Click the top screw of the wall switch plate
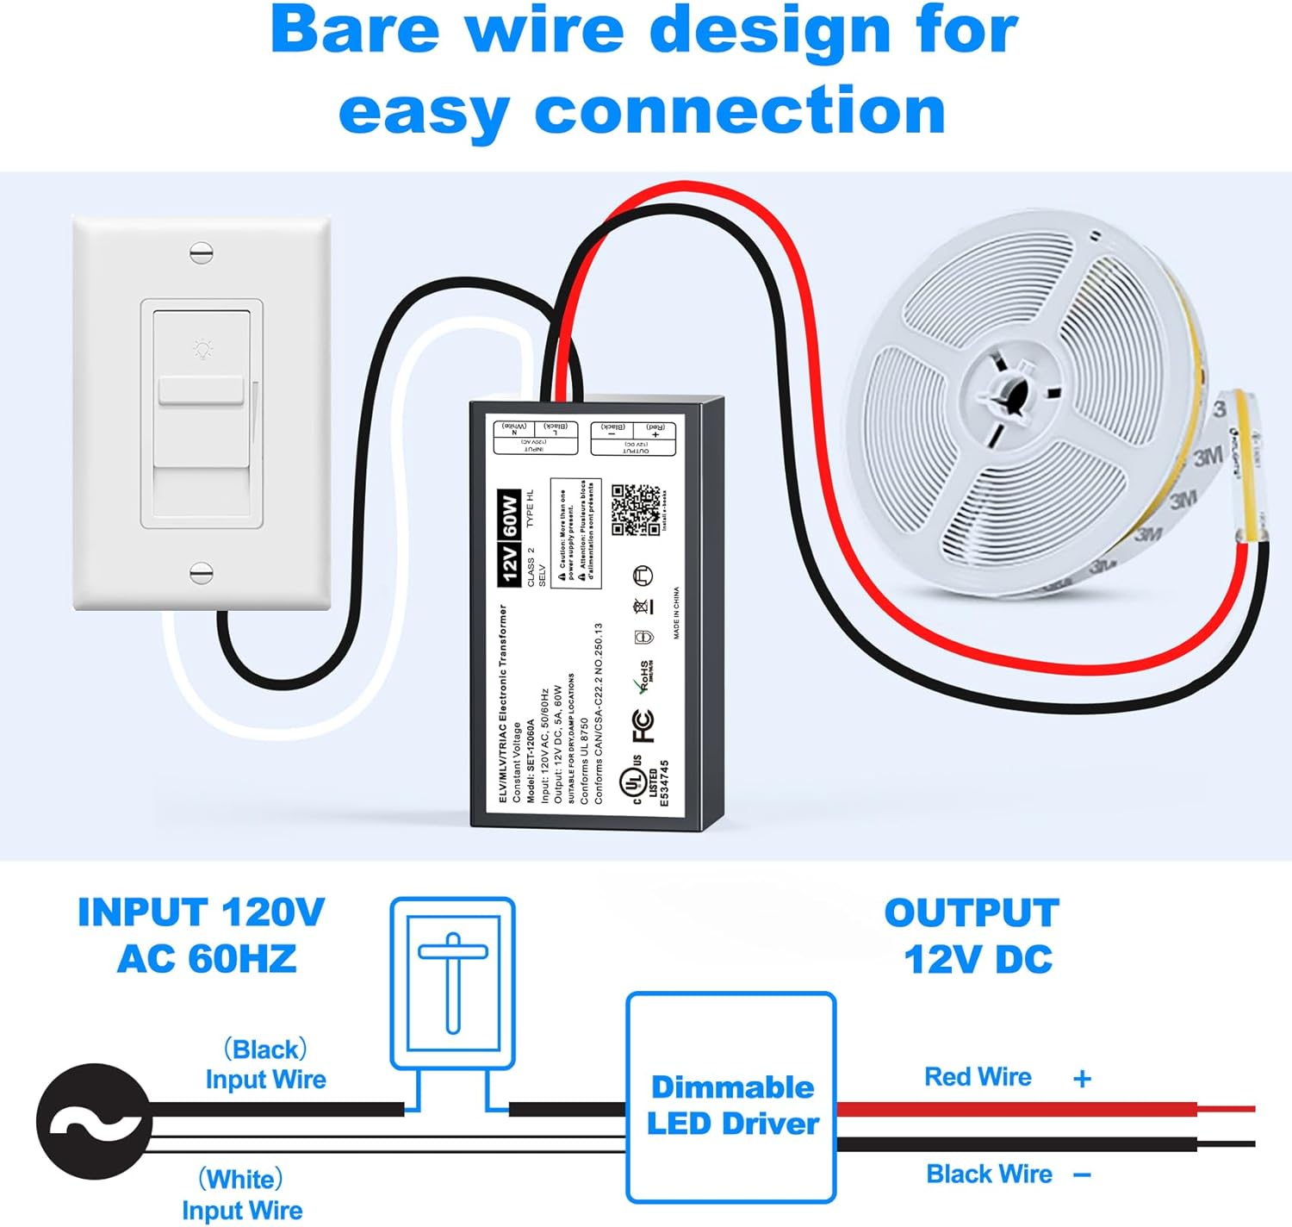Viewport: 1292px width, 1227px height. click(x=201, y=252)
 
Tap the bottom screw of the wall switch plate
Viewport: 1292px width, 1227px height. click(x=201, y=572)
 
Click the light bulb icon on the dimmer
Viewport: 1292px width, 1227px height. click(x=202, y=349)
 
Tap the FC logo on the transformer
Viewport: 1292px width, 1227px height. click(x=643, y=726)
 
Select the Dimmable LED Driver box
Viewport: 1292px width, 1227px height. click(x=731, y=1098)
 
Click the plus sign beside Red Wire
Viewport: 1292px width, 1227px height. click(x=1082, y=1078)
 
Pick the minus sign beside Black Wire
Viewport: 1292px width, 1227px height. click(x=1083, y=1174)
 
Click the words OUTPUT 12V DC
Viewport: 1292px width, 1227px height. click(x=973, y=936)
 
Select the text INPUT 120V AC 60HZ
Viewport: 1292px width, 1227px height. click(x=202, y=936)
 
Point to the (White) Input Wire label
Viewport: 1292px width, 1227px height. click(x=242, y=1194)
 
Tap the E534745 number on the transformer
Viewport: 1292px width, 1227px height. click(x=664, y=782)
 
